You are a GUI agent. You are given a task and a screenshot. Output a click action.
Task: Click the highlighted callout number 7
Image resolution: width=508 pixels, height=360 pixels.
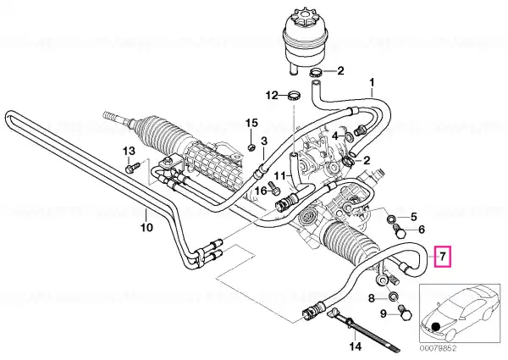coord(443,257)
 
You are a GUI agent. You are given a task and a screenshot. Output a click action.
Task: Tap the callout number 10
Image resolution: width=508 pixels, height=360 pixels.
coord(146,227)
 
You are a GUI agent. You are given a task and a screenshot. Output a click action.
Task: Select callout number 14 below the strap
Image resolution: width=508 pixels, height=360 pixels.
coord(355,346)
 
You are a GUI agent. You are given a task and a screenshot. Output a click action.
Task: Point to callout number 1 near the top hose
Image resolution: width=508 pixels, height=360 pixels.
coord(372,82)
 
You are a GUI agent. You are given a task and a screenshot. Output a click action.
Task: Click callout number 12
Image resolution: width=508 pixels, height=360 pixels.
coord(272,95)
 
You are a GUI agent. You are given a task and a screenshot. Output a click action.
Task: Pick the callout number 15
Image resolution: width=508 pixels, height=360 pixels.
coord(251,123)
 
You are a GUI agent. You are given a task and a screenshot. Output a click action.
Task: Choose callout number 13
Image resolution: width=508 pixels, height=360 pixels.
coord(129,151)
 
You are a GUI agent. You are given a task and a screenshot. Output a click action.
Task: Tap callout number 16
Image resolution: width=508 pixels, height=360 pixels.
coord(262,191)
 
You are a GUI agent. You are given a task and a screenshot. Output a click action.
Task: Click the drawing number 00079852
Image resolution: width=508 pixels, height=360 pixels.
coord(439,349)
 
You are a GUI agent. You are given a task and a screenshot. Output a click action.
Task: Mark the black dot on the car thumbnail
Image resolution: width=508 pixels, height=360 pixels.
coord(436,327)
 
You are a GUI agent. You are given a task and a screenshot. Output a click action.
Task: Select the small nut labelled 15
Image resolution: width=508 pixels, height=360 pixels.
coord(251,147)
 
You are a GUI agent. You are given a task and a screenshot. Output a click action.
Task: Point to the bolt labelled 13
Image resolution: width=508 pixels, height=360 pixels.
coord(132,168)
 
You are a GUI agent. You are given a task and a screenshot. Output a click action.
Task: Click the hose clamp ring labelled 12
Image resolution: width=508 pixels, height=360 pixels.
coord(294,95)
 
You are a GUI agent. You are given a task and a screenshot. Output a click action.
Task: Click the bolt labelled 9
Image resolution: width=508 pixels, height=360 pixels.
coord(405,313)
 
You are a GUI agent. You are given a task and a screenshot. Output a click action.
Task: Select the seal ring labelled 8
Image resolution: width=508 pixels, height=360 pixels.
coord(394,296)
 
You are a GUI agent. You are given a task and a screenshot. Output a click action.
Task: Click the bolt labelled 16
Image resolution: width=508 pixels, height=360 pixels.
coord(274,189)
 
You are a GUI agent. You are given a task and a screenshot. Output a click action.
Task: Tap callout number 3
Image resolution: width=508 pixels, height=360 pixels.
coord(264,141)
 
